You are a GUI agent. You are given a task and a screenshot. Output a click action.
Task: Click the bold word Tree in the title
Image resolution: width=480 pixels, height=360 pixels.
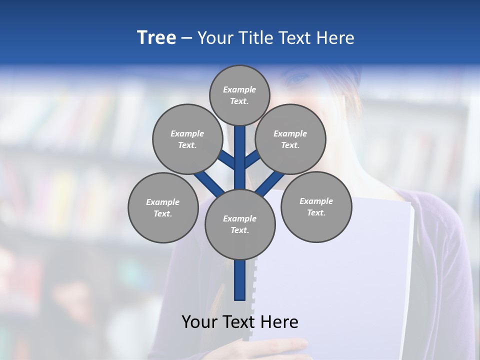(156, 38)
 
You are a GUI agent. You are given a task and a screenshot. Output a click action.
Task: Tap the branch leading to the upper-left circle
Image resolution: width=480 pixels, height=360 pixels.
(228, 160)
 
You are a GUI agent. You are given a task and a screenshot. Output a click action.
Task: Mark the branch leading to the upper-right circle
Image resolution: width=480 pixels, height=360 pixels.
(252, 160)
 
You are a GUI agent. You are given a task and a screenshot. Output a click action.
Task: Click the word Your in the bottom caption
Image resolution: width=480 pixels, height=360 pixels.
(199, 322)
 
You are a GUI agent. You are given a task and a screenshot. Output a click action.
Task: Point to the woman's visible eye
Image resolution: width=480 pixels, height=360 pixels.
(299, 79)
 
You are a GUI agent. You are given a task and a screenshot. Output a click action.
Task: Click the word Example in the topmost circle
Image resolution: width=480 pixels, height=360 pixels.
(239, 89)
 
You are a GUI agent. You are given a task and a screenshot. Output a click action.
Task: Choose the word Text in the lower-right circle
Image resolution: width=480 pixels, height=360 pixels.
(315, 212)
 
